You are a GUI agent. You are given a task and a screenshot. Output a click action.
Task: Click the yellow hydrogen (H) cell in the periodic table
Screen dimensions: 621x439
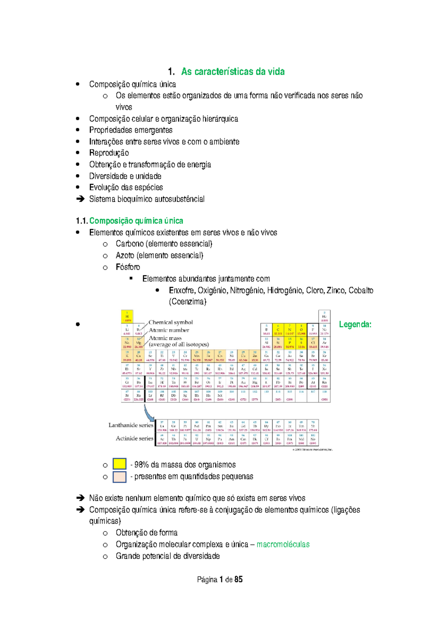[127, 316]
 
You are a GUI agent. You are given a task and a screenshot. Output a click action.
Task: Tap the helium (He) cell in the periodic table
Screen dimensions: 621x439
[324, 316]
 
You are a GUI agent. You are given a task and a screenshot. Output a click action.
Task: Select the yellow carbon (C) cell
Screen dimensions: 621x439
[278, 330]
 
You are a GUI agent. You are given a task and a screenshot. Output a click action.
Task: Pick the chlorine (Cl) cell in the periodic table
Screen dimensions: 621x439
[313, 343]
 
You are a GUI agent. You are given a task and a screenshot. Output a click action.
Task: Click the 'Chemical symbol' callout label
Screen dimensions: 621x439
[170, 322]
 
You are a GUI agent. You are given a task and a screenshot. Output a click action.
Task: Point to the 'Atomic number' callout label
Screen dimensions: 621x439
[169, 330]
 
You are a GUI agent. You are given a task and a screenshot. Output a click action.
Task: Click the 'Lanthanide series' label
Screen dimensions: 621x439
[131, 425]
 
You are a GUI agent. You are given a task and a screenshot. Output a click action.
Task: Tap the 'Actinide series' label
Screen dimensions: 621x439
[134, 438]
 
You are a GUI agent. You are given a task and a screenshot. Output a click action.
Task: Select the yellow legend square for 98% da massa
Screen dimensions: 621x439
[120, 464]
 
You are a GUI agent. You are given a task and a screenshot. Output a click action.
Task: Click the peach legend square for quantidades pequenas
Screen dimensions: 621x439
[120, 477]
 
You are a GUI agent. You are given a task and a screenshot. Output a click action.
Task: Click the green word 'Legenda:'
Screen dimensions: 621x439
[355, 324]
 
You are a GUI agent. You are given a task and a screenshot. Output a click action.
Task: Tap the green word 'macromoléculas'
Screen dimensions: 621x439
[283, 544]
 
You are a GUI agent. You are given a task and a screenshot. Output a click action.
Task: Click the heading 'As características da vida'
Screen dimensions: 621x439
[233, 72]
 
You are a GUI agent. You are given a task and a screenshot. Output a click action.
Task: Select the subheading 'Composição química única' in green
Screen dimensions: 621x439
[136, 221]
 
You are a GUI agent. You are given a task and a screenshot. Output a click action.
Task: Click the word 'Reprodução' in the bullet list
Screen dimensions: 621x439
[109, 153]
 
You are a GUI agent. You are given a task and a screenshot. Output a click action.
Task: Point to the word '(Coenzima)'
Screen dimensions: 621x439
[188, 302]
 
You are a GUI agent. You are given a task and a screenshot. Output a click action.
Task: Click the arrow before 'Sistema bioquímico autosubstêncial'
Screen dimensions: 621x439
[80, 199]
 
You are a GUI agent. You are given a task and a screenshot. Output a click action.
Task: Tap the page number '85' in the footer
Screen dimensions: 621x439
[239, 579]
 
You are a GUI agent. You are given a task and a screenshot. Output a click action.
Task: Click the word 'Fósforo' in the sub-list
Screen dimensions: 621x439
[128, 267]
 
